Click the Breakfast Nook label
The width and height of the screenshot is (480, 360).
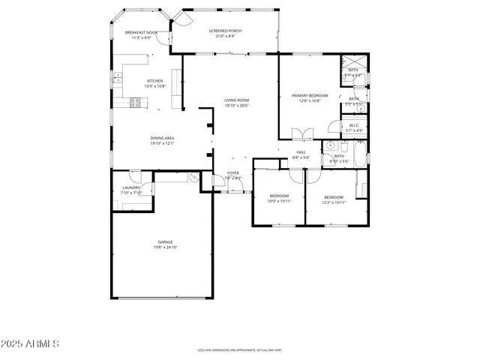tap(141, 33)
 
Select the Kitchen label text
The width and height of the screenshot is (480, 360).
tap(154, 81)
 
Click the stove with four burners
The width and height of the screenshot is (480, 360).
tap(136, 103)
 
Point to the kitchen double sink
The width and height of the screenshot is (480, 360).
tap(118, 77)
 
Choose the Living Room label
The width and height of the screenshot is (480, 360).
tap(236, 100)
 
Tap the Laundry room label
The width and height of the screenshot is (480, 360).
tap(131, 188)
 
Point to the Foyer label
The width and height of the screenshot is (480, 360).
tap(233, 173)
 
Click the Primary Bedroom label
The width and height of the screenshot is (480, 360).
tap(310, 95)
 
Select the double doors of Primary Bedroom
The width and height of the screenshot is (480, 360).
tap(301, 134)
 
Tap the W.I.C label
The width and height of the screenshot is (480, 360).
tap(354, 125)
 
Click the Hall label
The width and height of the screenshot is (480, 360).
tap(301, 152)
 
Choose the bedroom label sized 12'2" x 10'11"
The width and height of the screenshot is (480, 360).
tap(334, 197)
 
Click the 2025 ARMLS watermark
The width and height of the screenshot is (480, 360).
tap(30, 343)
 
